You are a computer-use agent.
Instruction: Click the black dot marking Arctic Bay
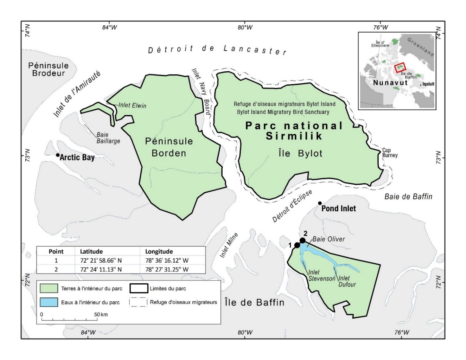pos(58,155)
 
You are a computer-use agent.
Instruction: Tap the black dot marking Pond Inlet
pos(320,203)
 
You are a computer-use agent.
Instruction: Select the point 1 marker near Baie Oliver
pos(297,245)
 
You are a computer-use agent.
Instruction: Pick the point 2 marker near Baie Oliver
pos(303,241)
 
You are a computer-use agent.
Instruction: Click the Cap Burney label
pos(390,153)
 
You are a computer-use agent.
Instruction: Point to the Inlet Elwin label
pos(132,105)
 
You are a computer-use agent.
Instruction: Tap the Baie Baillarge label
pos(108,138)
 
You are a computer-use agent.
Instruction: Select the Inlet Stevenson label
pos(321,276)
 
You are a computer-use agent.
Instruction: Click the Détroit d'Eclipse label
pos(292,206)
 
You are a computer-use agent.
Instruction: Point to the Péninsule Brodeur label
pos(48,69)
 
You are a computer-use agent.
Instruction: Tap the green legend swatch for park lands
pos(49,288)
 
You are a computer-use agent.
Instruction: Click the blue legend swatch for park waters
pos(49,302)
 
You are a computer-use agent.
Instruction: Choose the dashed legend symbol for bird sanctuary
pos(138,302)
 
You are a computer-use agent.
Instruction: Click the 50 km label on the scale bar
pos(101,314)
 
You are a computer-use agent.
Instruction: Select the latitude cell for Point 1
pos(101,260)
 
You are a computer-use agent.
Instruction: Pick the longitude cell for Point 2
pos(167,269)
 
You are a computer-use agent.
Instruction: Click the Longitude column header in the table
pos(159,251)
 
